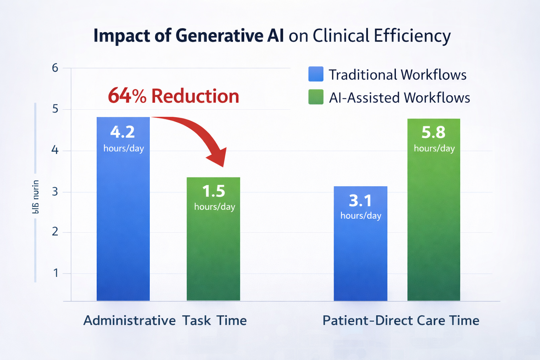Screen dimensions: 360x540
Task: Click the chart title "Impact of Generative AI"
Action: click(x=188, y=36)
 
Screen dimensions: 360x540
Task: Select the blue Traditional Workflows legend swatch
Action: click(x=315, y=74)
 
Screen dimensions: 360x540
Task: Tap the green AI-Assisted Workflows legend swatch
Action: click(x=315, y=97)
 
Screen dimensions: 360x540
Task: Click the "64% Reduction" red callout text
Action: click(x=173, y=96)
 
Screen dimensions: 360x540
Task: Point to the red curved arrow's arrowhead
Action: click(x=218, y=158)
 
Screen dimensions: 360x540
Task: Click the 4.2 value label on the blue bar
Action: click(x=123, y=132)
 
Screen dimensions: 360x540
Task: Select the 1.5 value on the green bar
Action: click(x=214, y=191)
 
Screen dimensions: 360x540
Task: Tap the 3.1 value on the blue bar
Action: click(x=360, y=201)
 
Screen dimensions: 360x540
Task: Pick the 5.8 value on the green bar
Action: click(x=433, y=133)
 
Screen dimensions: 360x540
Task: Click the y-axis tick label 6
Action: click(x=55, y=68)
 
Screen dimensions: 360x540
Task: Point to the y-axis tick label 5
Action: click(x=55, y=109)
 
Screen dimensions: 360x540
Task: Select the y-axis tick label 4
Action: click(x=55, y=150)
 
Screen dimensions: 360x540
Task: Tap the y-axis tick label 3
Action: click(x=55, y=192)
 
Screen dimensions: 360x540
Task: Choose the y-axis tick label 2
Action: click(x=55, y=232)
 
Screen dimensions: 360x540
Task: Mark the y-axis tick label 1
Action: click(x=56, y=273)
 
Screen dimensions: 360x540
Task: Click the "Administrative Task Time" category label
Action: click(x=165, y=321)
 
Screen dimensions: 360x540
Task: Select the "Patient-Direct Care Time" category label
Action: click(x=401, y=321)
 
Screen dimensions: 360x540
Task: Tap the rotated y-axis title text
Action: click(x=36, y=197)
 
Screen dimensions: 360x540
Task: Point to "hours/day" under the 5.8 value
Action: click(x=434, y=148)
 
